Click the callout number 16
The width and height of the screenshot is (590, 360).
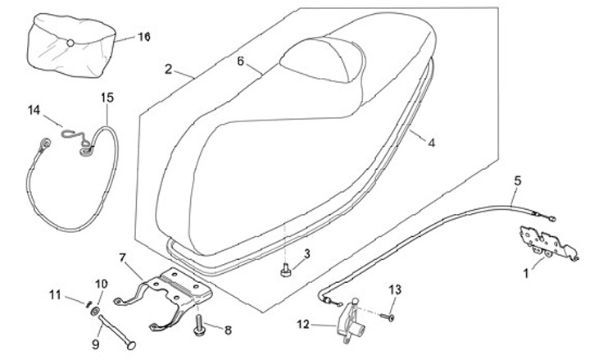144,37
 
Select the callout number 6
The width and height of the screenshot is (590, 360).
241,62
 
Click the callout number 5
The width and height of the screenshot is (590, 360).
517,180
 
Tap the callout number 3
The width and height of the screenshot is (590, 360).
306,254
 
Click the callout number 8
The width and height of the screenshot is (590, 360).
227,330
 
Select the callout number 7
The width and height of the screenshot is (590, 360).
123,258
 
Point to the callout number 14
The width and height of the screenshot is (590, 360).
34,110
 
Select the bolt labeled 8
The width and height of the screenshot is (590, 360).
199,326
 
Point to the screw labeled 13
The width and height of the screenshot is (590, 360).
385,314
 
